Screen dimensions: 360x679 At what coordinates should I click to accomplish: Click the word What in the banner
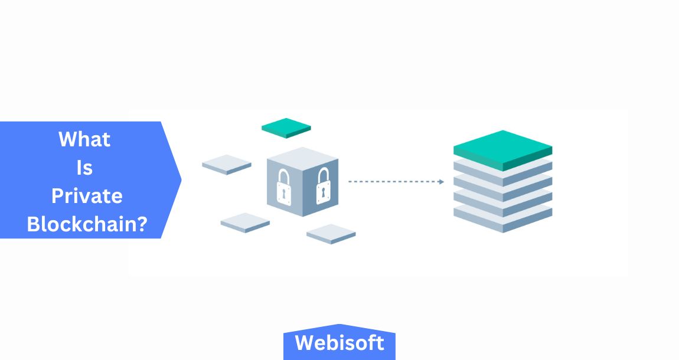pos(84,140)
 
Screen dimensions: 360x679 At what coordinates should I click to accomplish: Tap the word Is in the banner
pos(84,168)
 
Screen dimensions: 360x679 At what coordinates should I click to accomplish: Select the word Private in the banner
pos(87,196)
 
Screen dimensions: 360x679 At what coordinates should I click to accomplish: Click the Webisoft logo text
pos(339,343)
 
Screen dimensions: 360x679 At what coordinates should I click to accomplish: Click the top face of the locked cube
pos(303,156)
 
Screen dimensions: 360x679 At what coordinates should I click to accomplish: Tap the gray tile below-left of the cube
pos(245,222)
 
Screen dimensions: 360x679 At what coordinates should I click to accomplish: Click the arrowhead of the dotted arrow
pos(441,182)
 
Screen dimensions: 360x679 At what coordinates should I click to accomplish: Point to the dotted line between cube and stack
pos(393,182)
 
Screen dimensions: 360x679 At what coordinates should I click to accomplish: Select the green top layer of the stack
pos(502,148)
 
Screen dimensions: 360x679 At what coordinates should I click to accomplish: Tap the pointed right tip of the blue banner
pos(180,179)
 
